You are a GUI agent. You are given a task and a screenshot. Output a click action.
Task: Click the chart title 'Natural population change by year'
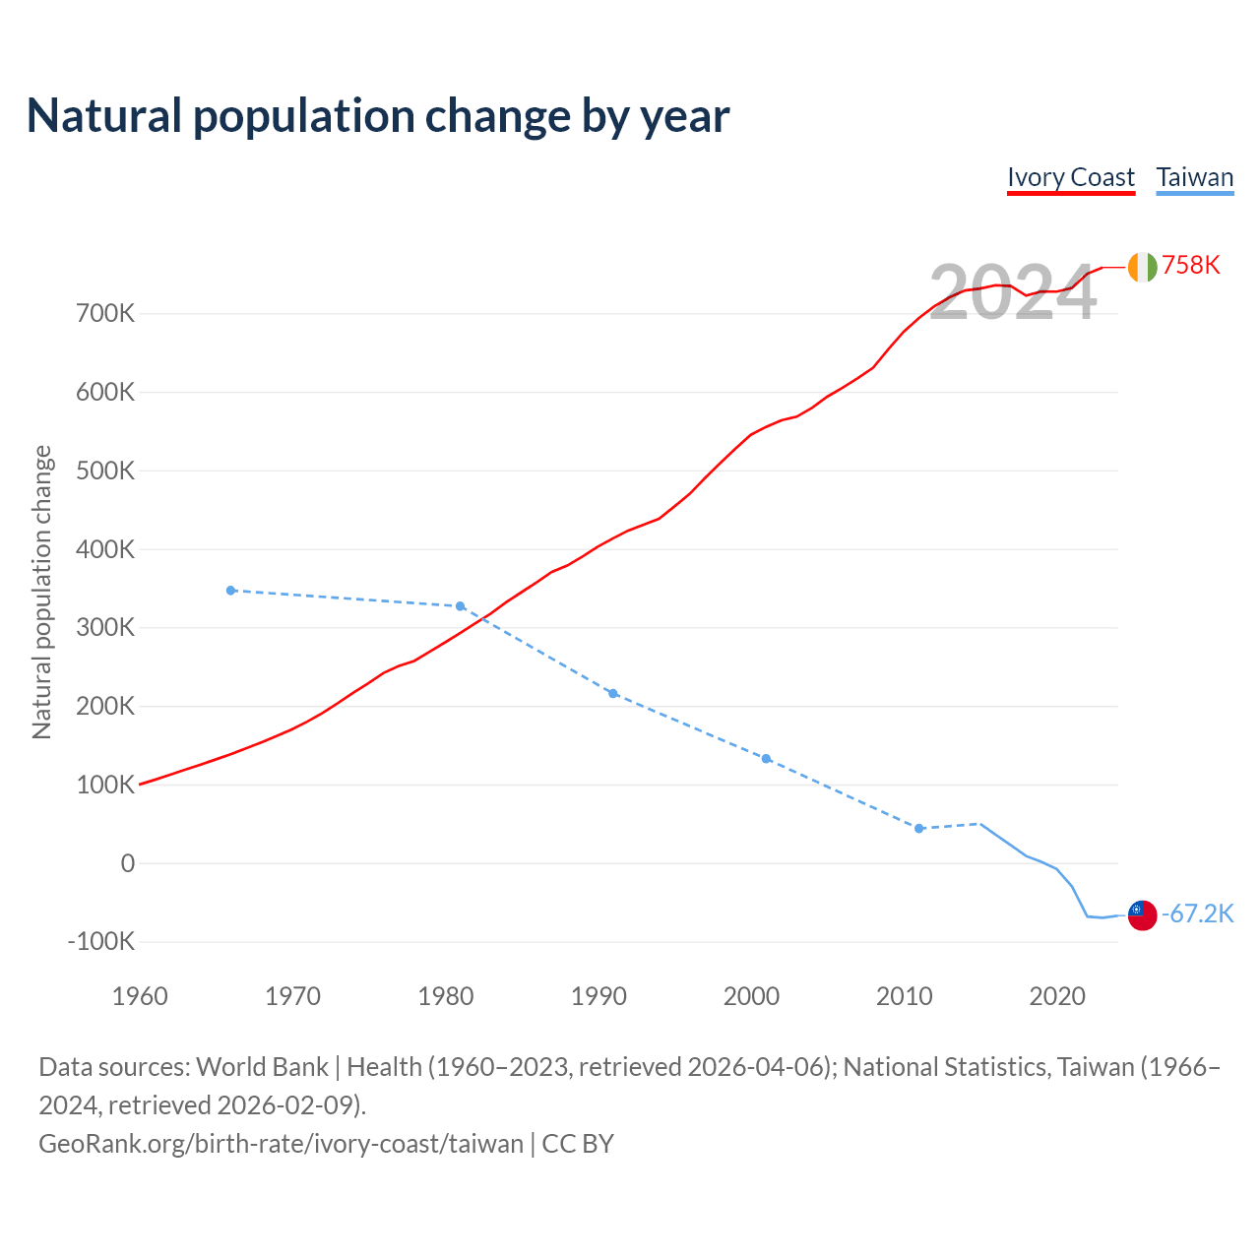pyautogui.click(x=378, y=116)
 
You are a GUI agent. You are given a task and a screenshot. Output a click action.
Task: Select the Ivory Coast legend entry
pyautogui.click(x=1071, y=177)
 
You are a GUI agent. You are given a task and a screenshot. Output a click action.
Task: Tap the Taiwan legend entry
pyautogui.click(x=1195, y=177)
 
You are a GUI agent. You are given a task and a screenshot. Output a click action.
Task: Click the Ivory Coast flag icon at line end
pyautogui.click(x=1142, y=267)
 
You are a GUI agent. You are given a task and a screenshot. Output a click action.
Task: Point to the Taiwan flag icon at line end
pyautogui.click(x=1142, y=914)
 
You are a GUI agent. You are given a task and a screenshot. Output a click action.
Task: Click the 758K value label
pyautogui.click(x=1191, y=265)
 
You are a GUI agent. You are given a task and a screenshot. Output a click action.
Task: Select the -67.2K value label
pyautogui.click(x=1198, y=914)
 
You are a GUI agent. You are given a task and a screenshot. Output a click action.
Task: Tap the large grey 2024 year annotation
pyautogui.click(x=1012, y=292)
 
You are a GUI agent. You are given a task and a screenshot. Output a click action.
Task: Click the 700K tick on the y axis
pyautogui.click(x=104, y=314)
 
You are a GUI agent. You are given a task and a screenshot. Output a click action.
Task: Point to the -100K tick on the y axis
pyautogui.click(x=100, y=941)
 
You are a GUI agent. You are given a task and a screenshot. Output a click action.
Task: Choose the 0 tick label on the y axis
pyautogui.click(x=127, y=863)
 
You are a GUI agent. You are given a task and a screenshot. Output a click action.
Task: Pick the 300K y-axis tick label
pyautogui.click(x=104, y=628)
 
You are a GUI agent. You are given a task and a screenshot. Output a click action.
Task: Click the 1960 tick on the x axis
pyautogui.click(x=140, y=996)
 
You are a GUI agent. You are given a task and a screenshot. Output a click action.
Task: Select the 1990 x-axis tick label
pyautogui.click(x=598, y=996)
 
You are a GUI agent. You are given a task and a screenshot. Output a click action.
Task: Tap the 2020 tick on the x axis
pyautogui.click(x=1057, y=996)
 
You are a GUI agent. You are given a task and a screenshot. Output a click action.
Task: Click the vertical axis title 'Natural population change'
pyautogui.click(x=41, y=592)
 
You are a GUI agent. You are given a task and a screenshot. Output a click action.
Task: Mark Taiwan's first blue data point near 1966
pyautogui.click(x=231, y=591)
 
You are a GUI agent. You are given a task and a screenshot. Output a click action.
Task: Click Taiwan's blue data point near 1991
pyautogui.click(x=613, y=694)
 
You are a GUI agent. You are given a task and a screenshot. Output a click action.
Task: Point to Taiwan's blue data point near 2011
pyautogui.click(x=919, y=829)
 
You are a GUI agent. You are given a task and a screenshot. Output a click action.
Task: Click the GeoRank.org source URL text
pyautogui.click(x=282, y=1144)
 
